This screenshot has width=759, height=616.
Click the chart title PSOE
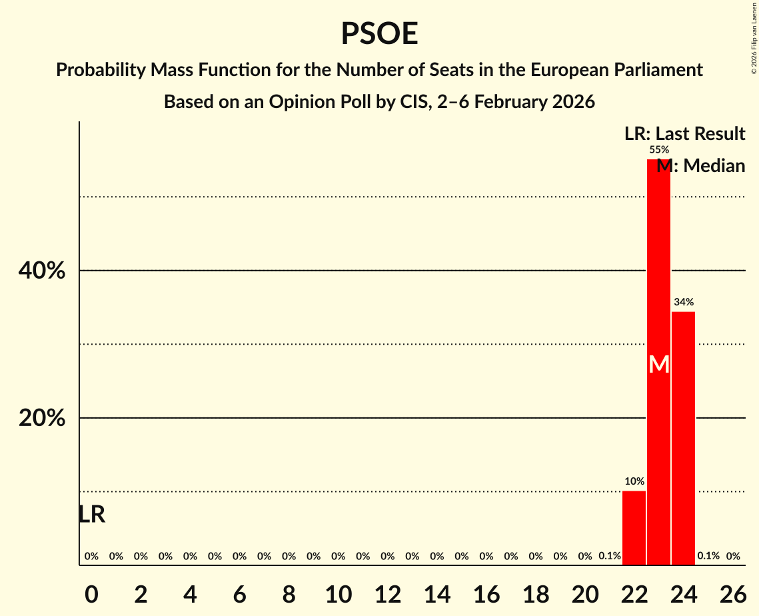(379, 34)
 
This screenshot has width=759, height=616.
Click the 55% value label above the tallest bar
(658, 150)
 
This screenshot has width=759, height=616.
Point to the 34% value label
(683, 302)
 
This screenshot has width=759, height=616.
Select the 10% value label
(634, 481)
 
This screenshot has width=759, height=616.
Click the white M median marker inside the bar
(658, 365)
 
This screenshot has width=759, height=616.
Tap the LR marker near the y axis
(91, 515)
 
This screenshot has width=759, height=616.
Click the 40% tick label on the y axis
(41, 271)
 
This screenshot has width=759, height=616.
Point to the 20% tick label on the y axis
(41, 419)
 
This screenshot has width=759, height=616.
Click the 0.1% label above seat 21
(609, 556)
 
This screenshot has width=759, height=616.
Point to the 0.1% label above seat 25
(708, 556)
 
